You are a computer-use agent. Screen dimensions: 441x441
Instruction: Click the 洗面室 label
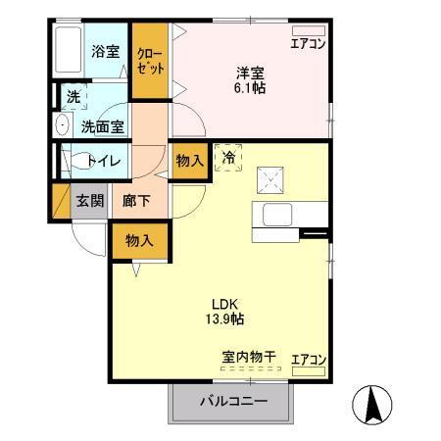(x=101, y=125)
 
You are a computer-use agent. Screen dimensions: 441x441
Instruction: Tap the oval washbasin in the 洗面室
(x=62, y=124)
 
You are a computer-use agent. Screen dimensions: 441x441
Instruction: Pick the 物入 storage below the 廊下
(x=139, y=240)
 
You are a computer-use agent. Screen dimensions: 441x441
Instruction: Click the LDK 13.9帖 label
(x=222, y=311)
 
